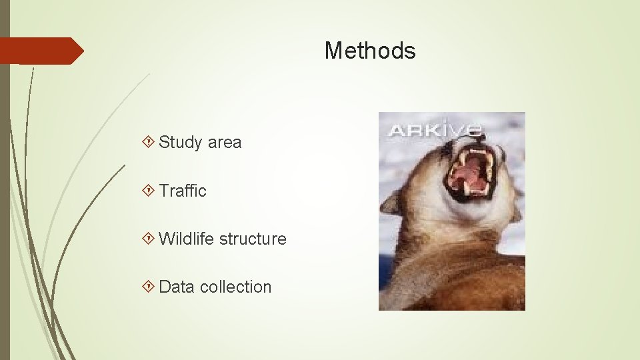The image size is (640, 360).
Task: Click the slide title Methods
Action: point(370,51)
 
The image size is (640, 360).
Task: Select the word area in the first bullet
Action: point(224,142)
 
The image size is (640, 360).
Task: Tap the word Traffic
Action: point(183,191)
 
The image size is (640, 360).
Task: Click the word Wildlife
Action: point(187,239)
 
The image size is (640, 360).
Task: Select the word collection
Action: point(235,287)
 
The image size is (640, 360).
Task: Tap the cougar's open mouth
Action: point(469,171)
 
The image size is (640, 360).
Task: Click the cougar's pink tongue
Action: point(469,175)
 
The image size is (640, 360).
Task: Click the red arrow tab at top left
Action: point(40,51)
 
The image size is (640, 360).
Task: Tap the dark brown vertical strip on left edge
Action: point(5,200)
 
